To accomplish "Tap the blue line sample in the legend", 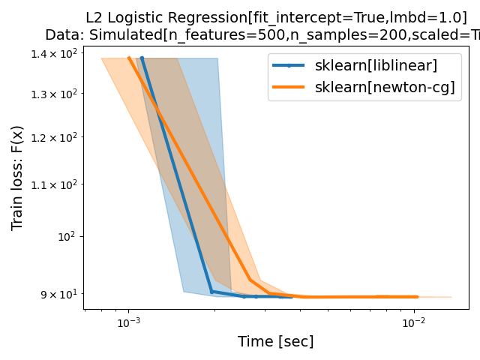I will pos(289,65).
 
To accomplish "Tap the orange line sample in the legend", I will pos(289,87).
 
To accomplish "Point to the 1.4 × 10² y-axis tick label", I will pos(55,53).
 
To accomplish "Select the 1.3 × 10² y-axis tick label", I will pos(55,94).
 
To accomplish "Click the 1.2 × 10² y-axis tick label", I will pos(55,137).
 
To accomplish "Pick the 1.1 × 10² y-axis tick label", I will pos(55,184).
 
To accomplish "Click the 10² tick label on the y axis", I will pos(67,236).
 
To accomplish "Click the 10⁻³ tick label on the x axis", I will pos(128,322).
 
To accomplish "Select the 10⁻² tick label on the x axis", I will pos(413,322).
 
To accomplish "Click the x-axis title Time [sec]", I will pos(275,342).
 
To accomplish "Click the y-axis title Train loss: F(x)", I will pos(17,178).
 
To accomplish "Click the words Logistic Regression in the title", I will pos(172,17).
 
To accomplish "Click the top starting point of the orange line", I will pos(128,58).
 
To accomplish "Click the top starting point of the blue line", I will pos(142,58).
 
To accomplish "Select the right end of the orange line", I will pos(417,297).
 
